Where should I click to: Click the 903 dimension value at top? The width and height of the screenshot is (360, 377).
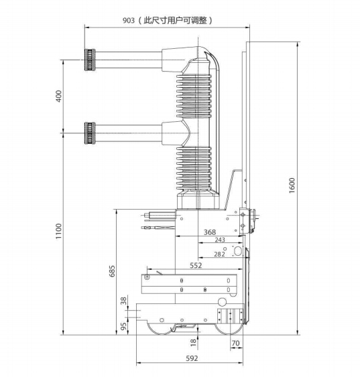pyautogui.click(x=129, y=21)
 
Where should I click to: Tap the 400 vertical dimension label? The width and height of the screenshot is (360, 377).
pyautogui.click(x=58, y=96)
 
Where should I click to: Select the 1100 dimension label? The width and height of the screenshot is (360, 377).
pyautogui.click(x=58, y=231)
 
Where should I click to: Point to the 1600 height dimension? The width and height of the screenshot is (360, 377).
pyautogui.click(x=292, y=185)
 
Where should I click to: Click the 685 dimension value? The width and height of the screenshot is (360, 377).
pyautogui.click(x=112, y=271)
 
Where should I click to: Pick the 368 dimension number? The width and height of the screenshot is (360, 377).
pyautogui.click(x=210, y=232)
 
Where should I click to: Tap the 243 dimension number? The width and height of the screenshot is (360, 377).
pyautogui.click(x=220, y=240)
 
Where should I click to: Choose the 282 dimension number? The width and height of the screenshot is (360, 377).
pyautogui.click(x=219, y=254)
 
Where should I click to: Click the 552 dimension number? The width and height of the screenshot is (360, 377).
pyautogui.click(x=196, y=265)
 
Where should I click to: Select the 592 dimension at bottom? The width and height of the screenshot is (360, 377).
pyautogui.click(x=192, y=358)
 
